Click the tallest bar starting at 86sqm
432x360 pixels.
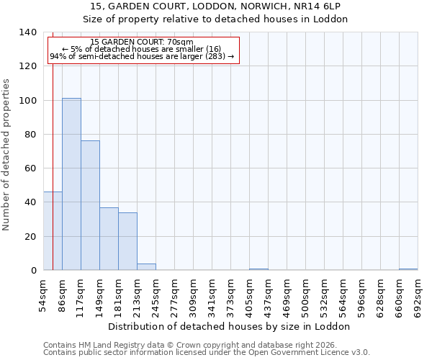coord(71,184)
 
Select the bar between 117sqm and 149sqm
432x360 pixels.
coord(90,205)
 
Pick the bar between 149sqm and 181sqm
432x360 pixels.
coord(109,238)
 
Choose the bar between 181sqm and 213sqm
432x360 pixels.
coord(127,241)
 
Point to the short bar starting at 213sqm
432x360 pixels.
coord(146,266)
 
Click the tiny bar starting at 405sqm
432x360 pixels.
coord(258,269)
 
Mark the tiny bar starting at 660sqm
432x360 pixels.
coord(408,269)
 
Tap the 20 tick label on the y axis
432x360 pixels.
coord(30,236)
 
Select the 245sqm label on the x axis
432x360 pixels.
coord(156,294)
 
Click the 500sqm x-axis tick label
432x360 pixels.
coord(306,294)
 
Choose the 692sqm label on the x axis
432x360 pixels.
coord(418,294)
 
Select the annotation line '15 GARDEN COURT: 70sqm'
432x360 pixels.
coord(142,42)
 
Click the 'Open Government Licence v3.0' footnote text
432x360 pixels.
coord(313,353)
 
